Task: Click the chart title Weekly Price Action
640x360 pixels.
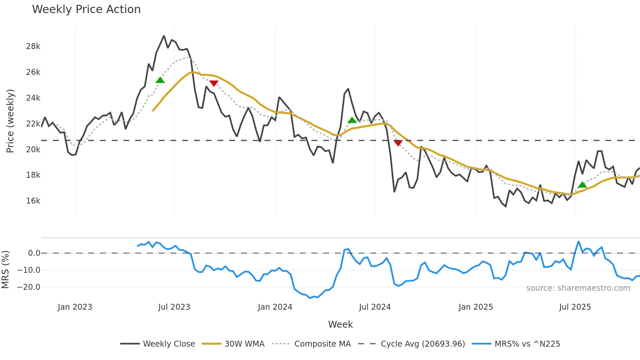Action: (86, 9)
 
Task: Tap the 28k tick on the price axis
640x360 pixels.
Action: (33, 46)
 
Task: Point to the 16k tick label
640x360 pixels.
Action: (33, 201)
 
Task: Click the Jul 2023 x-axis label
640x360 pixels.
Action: (174, 307)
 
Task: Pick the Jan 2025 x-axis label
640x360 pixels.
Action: (475, 307)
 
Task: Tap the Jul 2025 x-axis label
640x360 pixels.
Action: (575, 307)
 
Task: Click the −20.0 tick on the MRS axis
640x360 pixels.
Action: (29, 287)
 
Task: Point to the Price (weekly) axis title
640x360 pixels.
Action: (10, 121)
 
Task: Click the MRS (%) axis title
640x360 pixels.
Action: (5, 270)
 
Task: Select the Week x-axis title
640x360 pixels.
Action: (340, 324)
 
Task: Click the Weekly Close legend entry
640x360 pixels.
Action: (168, 344)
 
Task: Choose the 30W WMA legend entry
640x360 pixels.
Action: (244, 344)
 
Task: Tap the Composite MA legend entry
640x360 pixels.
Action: (322, 344)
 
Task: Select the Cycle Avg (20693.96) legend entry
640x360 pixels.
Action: (423, 344)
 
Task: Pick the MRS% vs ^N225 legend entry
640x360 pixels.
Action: (527, 344)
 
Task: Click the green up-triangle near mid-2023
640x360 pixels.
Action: (160, 80)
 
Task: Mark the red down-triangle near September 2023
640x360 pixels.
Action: (214, 84)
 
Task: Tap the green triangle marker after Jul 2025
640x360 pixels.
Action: (582, 185)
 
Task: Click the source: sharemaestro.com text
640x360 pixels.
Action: (578, 288)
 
